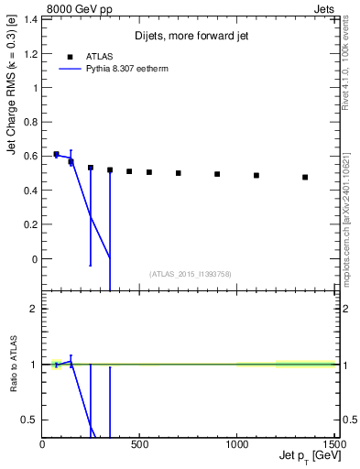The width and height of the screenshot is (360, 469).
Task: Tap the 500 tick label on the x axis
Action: coord(139,445)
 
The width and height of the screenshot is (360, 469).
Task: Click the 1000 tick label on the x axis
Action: coord(236,445)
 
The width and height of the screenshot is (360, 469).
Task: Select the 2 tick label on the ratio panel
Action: coord(35,309)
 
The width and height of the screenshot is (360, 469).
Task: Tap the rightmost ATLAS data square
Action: coord(305,177)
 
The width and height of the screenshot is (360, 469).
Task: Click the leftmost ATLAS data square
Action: coord(56,154)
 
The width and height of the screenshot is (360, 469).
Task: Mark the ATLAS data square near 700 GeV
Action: coord(179,172)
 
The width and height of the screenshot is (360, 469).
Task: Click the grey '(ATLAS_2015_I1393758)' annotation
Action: coord(191,273)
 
